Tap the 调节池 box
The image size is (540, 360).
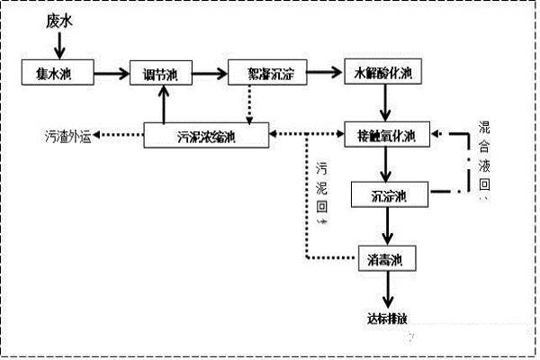(163, 73)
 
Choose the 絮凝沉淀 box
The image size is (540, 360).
(267, 72)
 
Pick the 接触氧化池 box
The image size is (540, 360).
(388, 136)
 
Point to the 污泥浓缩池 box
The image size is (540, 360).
(207, 136)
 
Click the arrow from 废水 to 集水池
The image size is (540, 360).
(59, 43)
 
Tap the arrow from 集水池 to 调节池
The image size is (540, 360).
(112, 71)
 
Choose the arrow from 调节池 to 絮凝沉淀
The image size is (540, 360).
(210, 72)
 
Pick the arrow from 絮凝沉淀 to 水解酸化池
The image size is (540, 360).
(325, 71)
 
